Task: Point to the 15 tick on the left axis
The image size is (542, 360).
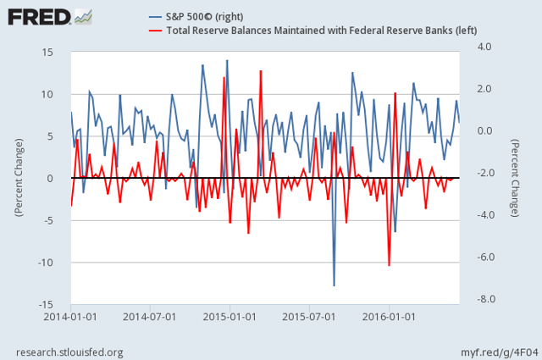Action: tap(48, 53)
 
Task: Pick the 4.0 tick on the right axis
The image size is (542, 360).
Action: tap(487, 47)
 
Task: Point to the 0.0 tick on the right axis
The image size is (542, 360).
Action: tap(487, 130)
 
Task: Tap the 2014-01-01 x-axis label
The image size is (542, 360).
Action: tap(71, 317)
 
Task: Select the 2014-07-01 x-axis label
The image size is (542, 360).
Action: tap(149, 317)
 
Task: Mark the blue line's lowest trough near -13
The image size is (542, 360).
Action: tap(334, 285)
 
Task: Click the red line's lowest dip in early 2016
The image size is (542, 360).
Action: tap(389, 265)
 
